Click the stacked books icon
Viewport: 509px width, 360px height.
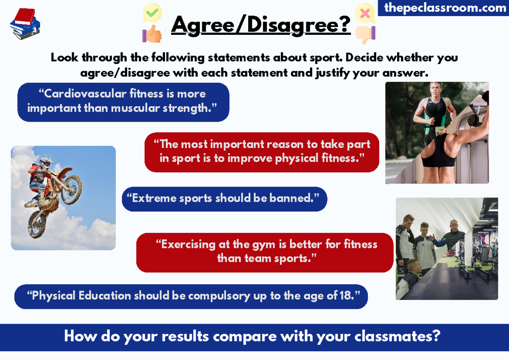25,24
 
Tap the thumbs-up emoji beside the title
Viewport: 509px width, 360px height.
151,34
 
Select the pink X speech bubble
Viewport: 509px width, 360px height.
365,13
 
